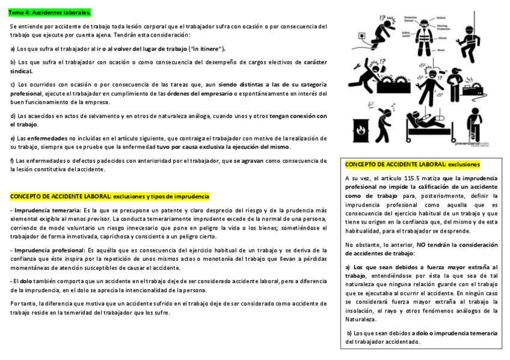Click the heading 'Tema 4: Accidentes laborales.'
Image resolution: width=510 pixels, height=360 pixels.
coord(49,12)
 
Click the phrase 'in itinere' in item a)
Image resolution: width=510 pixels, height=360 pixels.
coord(206,48)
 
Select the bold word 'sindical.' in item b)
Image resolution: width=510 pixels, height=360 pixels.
coord(22,71)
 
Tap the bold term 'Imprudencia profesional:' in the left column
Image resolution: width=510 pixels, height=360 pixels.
coord(49,250)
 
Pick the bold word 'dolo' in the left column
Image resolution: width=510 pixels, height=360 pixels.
coord(26,281)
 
